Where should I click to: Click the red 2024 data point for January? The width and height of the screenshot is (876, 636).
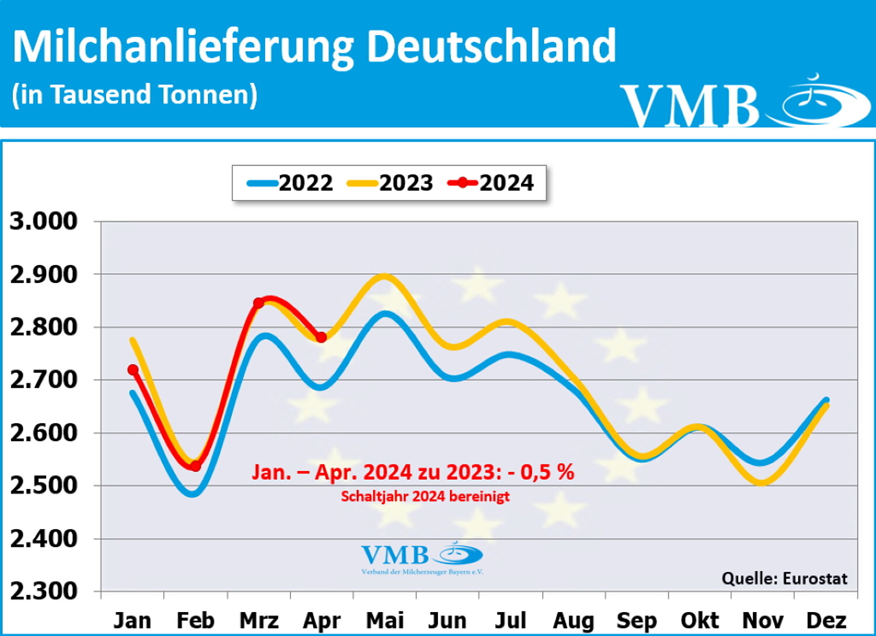(x=133, y=370)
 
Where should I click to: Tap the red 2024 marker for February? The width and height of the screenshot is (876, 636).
(x=196, y=466)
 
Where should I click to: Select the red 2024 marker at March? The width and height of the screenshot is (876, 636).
(x=259, y=303)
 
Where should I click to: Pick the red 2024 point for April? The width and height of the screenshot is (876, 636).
(x=321, y=337)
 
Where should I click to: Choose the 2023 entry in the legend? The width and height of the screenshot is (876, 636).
(x=391, y=183)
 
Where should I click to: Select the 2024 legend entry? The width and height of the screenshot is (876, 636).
(x=491, y=183)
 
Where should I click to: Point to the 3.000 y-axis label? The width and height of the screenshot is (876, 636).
(x=44, y=221)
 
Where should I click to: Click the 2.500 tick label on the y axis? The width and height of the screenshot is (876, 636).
(x=44, y=485)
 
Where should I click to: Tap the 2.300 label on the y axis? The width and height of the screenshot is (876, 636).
(x=44, y=591)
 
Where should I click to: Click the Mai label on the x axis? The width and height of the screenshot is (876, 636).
(x=384, y=620)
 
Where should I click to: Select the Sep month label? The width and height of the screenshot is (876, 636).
(x=637, y=620)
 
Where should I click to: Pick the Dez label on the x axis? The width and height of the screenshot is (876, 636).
(x=826, y=620)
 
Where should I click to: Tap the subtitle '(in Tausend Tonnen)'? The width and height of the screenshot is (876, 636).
(x=135, y=95)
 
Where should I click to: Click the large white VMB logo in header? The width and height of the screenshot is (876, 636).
(x=745, y=103)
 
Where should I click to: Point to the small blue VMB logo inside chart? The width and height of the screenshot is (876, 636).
(x=422, y=558)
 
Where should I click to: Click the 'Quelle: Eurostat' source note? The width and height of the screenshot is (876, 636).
(x=784, y=578)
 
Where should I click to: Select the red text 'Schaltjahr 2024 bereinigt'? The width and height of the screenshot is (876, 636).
(x=425, y=497)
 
